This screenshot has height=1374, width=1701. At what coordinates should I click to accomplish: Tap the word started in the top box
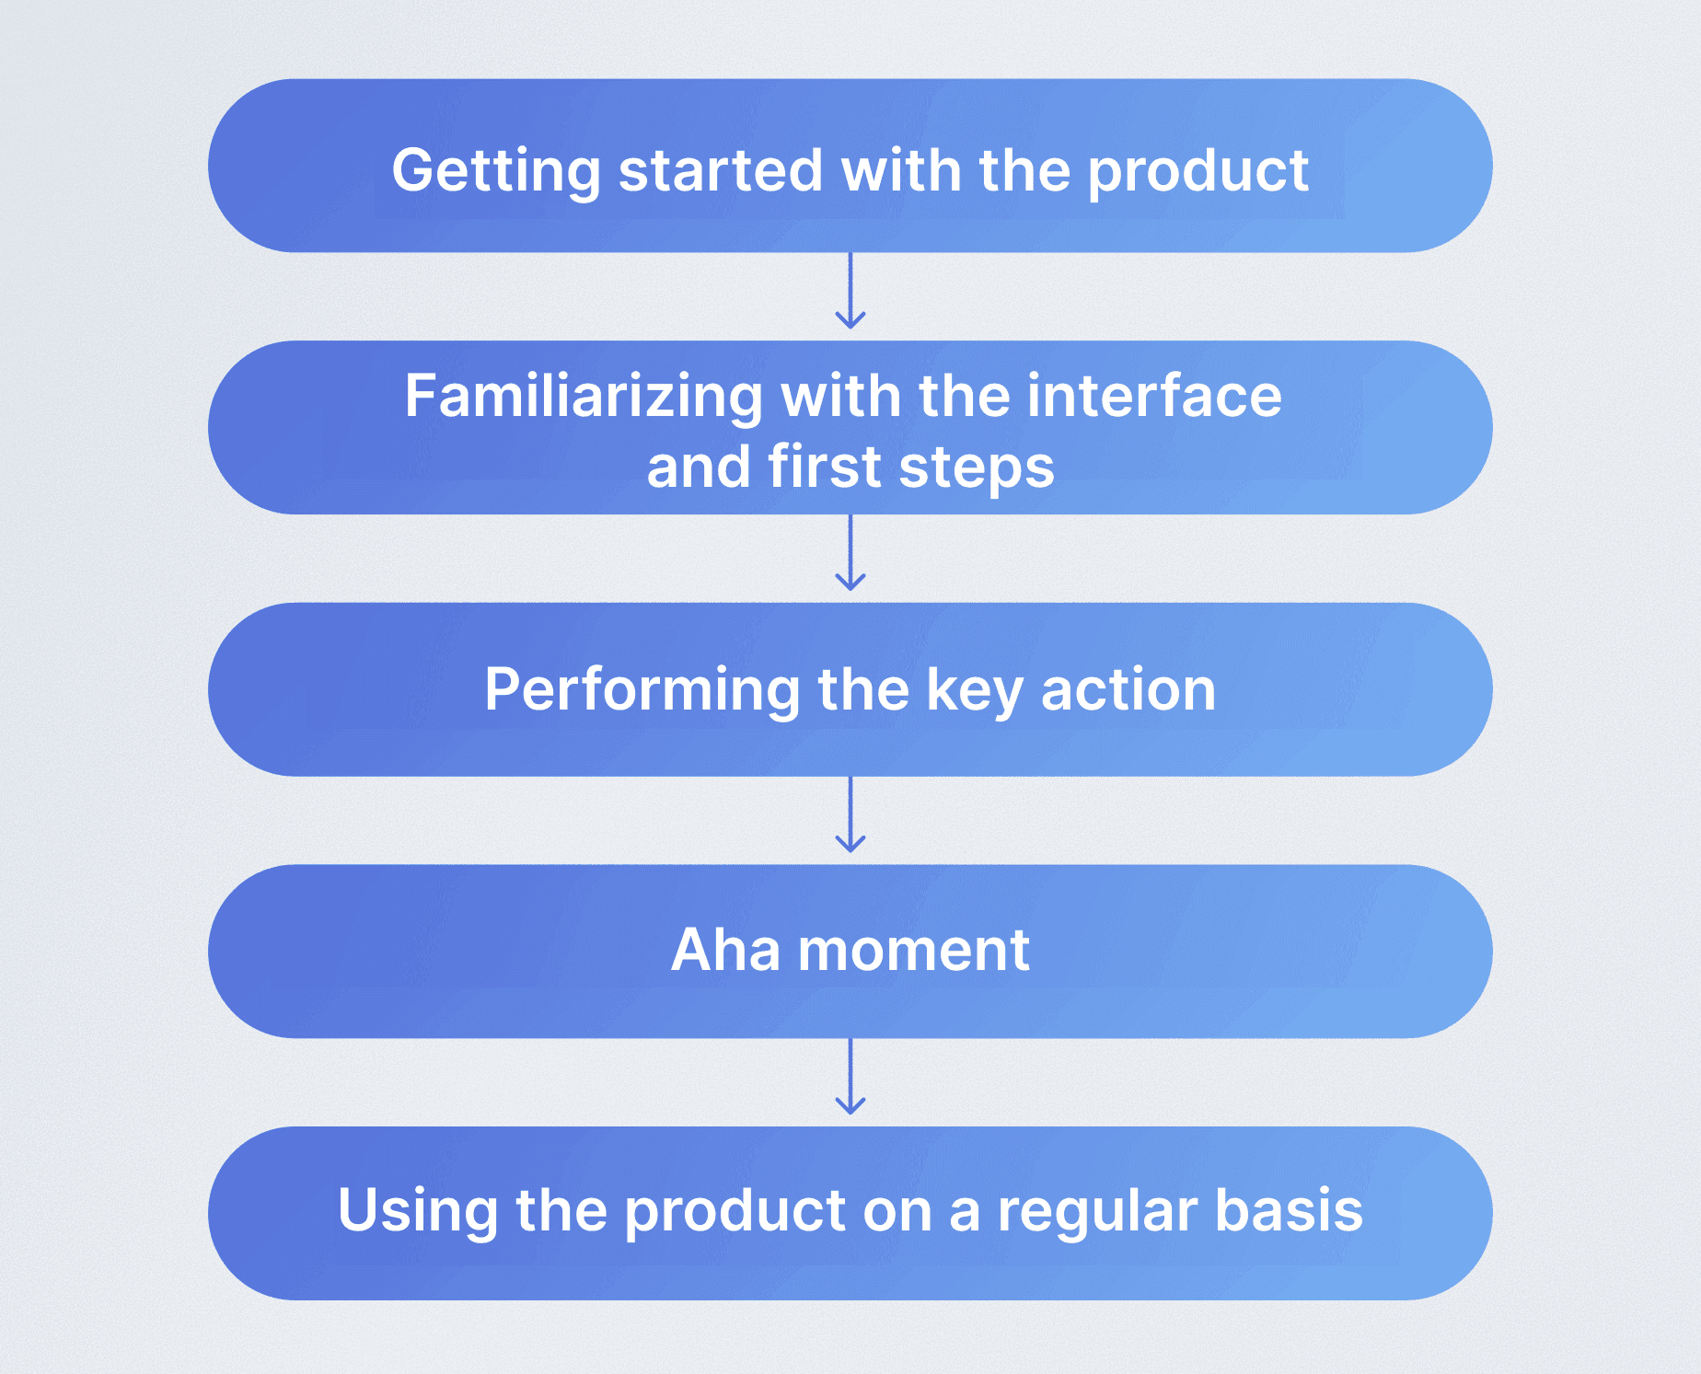click(720, 171)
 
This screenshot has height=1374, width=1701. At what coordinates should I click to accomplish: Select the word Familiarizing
click(584, 397)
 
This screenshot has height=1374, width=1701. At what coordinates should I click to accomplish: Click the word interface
click(1154, 397)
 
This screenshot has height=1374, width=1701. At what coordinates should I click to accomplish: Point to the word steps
click(977, 468)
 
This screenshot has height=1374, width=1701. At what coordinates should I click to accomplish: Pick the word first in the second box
click(825, 468)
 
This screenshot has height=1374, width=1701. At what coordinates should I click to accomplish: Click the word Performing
click(642, 690)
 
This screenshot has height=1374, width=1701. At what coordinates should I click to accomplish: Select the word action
click(1128, 690)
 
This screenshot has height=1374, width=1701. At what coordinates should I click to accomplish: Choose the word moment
click(913, 951)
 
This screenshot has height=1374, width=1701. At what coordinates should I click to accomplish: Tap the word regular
click(1096, 1212)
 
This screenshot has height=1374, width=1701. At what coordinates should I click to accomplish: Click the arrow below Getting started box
click(850, 292)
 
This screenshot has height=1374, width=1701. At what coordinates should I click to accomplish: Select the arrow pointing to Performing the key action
click(850, 553)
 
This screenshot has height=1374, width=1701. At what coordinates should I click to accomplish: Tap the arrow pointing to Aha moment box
click(850, 815)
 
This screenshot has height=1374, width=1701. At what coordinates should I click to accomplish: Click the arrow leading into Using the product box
click(850, 1078)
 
